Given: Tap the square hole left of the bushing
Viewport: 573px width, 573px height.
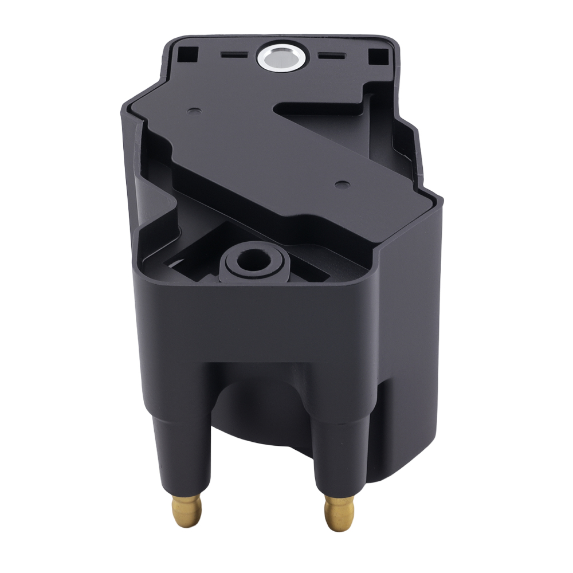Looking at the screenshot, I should click(x=189, y=54).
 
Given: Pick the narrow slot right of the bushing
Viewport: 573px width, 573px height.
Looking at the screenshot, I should click(x=331, y=57).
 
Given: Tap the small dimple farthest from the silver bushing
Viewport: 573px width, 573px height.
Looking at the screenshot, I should click(x=342, y=185).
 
